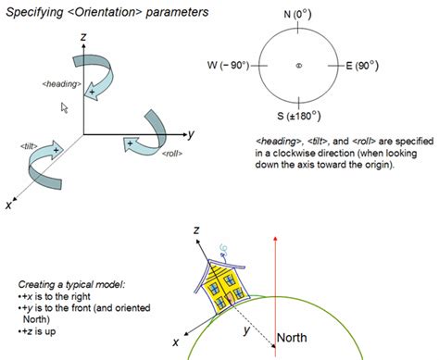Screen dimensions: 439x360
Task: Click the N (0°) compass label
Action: [x=297, y=15]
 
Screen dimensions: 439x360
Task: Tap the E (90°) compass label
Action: [x=362, y=66]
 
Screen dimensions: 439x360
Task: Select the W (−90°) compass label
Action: [x=228, y=66]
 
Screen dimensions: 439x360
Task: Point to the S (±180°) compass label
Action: [x=299, y=117]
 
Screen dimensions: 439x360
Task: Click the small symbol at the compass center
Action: [x=298, y=66]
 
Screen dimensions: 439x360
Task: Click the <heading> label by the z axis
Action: [x=62, y=84]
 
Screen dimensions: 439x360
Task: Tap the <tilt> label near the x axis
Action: [x=29, y=146]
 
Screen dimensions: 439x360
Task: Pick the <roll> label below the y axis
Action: [x=172, y=154]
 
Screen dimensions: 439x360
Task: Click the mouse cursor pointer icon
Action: [x=64, y=108]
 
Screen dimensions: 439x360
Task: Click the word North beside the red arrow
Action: [x=292, y=338]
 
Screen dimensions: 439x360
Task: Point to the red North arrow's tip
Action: [x=275, y=237]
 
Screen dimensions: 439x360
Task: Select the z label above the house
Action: [x=196, y=230]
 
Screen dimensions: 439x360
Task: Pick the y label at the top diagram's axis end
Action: [x=192, y=134]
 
